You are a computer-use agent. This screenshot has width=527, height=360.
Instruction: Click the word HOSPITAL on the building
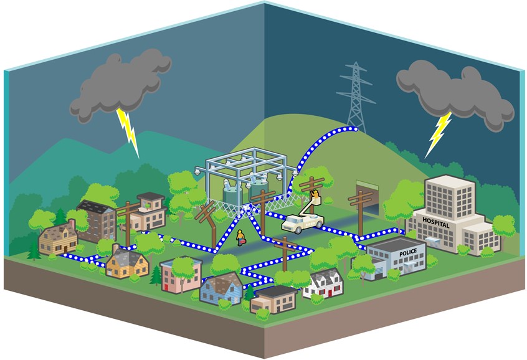pyautogui.click(x=435, y=220)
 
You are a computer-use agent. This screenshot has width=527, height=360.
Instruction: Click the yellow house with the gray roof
pyautogui.click(x=127, y=263)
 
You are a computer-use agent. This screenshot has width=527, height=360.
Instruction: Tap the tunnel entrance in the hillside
pyautogui.click(x=366, y=191)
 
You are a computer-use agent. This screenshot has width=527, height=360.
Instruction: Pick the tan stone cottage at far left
pyautogui.click(x=57, y=240)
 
